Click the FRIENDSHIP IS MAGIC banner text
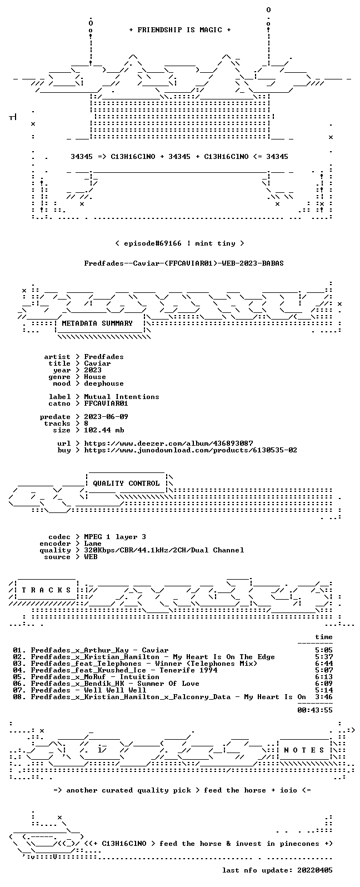pyautogui.click(x=180, y=30)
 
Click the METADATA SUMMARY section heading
pyautogui.click(x=97, y=323)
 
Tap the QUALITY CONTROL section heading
pyautogui.click(x=126, y=484)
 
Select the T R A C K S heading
pyautogui.click(x=46, y=590)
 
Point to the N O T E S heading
pyautogui.click(x=304, y=750)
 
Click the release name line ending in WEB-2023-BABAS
pyautogui.click(x=184, y=263)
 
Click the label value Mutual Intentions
pyautogui.click(x=122, y=397)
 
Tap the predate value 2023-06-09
pyautogui.click(x=106, y=417)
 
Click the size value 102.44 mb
pyautogui.click(x=104, y=430)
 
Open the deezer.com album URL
pyautogui.click(x=168, y=443)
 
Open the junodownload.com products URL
pyautogui.click(x=191, y=450)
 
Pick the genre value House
pyautogui.click(x=95, y=377)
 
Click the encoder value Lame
pyautogui.click(x=93, y=544)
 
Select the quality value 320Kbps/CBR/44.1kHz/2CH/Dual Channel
pyautogui.click(x=164, y=550)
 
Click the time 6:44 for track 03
pyautogui.click(x=324, y=664)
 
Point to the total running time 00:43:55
pyautogui.click(x=315, y=710)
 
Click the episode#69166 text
pyautogui.click(x=153, y=243)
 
